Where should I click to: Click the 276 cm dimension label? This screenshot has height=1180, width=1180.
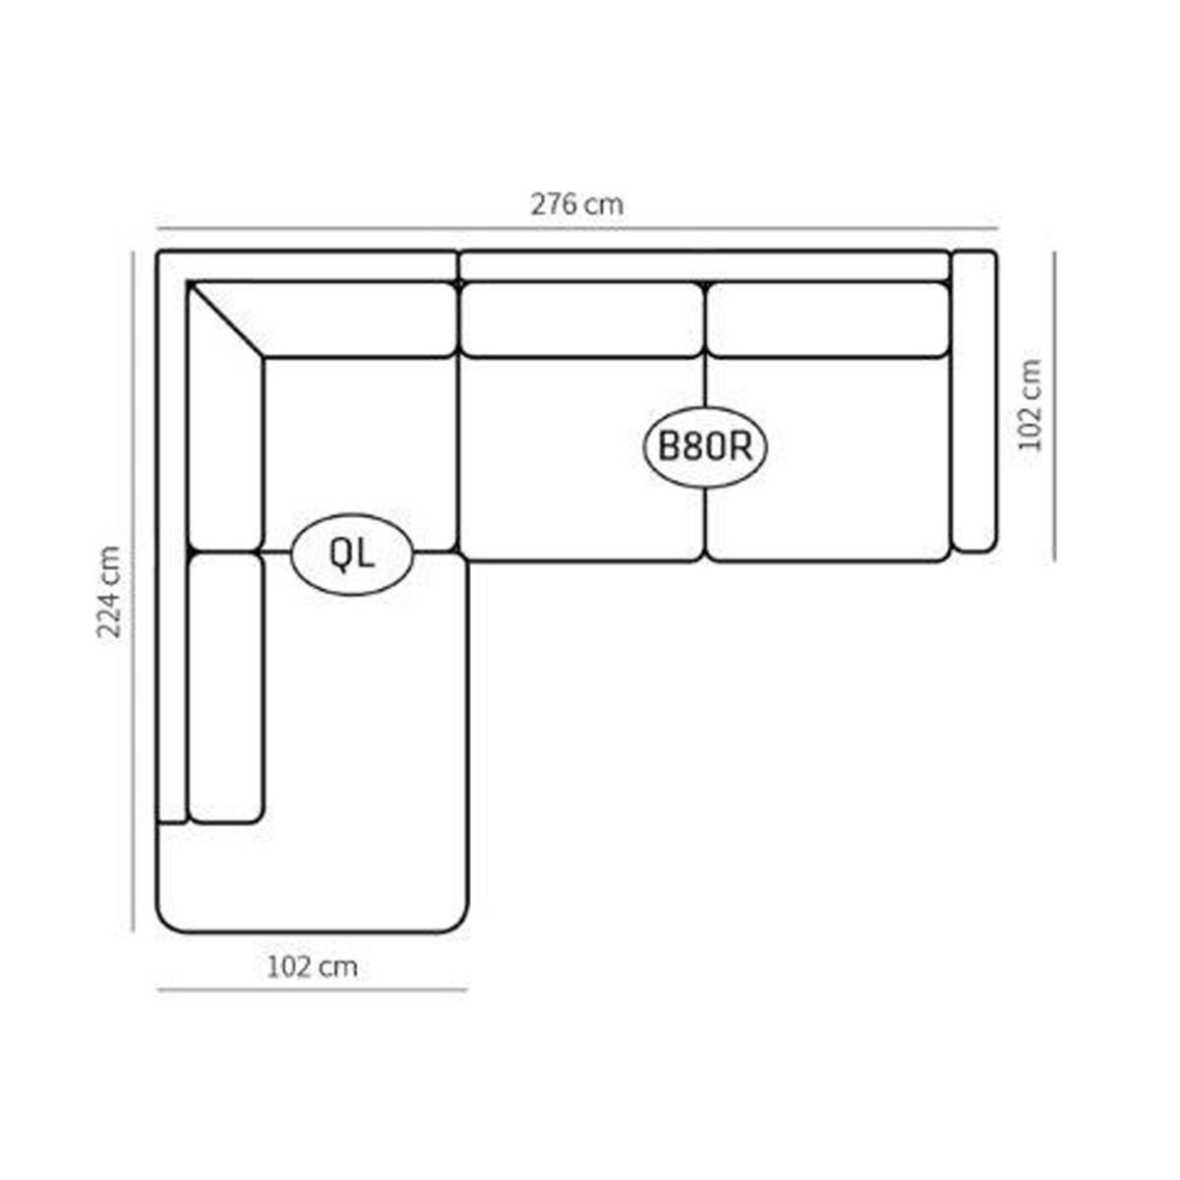click(577, 205)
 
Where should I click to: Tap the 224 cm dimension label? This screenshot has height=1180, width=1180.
click(109, 592)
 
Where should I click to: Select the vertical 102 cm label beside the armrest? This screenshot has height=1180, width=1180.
click(1030, 405)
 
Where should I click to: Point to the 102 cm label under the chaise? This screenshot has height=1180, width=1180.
click(313, 967)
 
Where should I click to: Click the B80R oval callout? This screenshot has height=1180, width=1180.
click(705, 447)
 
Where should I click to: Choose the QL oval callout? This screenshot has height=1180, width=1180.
click(352, 555)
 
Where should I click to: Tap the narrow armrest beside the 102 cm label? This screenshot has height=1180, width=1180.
click(973, 401)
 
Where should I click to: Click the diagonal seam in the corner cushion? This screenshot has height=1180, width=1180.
click(226, 320)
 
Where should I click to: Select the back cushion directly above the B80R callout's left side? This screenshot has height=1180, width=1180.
click(580, 319)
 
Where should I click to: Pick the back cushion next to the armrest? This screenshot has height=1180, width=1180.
click(829, 319)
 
